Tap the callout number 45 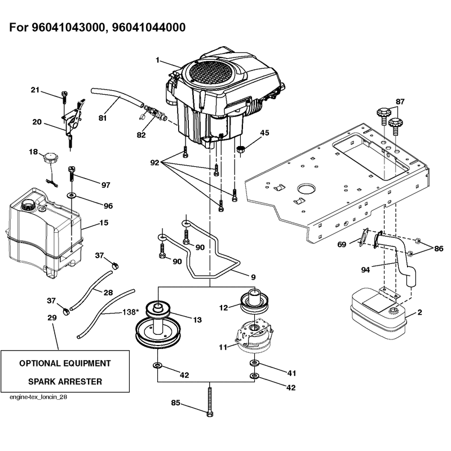264,133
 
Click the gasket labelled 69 363,237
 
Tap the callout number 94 365,270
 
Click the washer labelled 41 254,363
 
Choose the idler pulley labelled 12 255,302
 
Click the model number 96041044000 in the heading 148,27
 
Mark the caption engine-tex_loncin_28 38,397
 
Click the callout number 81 103,118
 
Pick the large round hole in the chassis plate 307,189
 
